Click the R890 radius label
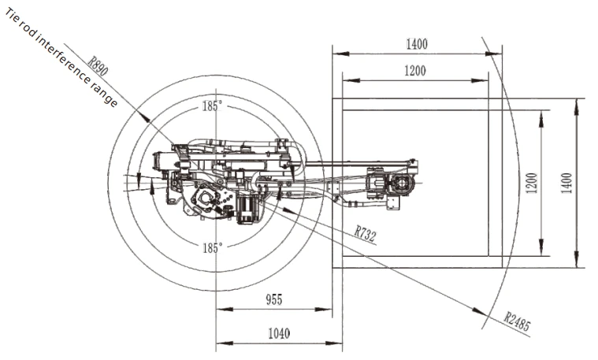point(98,66)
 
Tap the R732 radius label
point(366,233)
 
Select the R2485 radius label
point(517,321)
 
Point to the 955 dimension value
point(274,299)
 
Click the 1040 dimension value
point(279,334)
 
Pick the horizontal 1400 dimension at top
point(417,44)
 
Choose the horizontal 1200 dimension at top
point(415,71)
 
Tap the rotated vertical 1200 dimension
point(532,183)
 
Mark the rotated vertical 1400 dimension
point(566,183)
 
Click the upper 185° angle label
point(212,106)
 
